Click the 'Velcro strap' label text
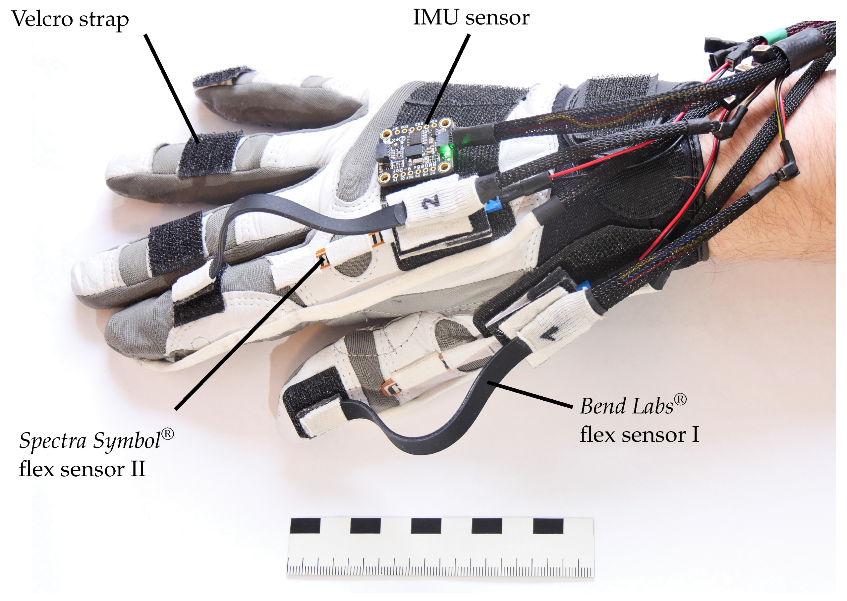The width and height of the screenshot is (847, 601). click(70, 19)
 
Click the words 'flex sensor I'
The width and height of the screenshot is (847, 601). click(639, 434)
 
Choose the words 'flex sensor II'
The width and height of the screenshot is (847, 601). click(82, 469)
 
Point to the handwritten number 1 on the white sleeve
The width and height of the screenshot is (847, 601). click(550, 335)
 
